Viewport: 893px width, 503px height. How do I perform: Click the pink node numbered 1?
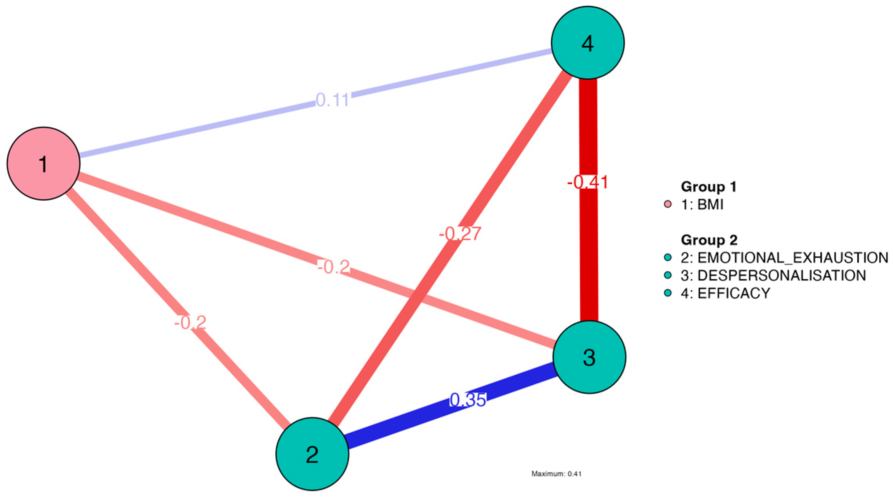pyautogui.click(x=44, y=164)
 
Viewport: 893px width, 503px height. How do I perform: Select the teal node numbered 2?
pyautogui.click(x=312, y=454)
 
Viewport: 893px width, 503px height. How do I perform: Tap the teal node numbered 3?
pyautogui.click(x=589, y=357)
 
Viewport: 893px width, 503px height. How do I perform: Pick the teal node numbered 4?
pyautogui.click(x=588, y=42)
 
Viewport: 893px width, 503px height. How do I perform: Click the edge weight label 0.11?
pyautogui.click(x=332, y=100)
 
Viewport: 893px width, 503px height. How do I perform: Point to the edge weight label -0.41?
pyautogui.click(x=588, y=182)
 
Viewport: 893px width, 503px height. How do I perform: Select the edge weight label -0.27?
pyautogui.click(x=460, y=234)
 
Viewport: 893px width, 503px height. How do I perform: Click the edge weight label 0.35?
pyautogui.click(x=468, y=400)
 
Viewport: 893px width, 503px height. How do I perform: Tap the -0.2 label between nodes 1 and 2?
pyautogui.click(x=190, y=323)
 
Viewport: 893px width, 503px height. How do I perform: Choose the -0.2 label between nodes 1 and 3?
pyautogui.click(x=333, y=268)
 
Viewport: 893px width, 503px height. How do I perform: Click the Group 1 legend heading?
pyautogui.click(x=709, y=187)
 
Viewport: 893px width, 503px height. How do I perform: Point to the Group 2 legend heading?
pyautogui.click(x=709, y=240)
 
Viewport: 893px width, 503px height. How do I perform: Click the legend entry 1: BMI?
pyautogui.click(x=702, y=204)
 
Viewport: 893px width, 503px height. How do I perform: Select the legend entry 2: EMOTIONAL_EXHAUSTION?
pyautogui.click(x=784, y=258)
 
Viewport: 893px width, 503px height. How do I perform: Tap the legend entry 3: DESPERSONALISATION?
pyautogui.click(x=773, y=275)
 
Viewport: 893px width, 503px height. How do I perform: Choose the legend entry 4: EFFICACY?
pyautogui.click(x=725, y=293)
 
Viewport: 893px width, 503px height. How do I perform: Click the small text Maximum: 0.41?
pyautogui.click(x=556, y=474)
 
